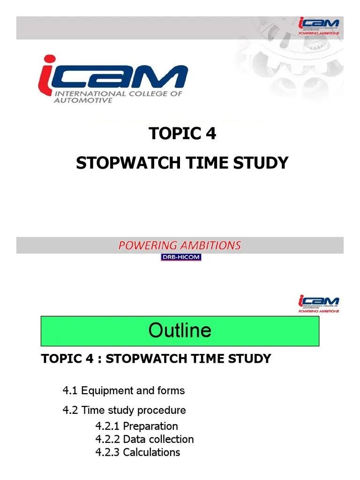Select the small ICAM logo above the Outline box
(x=319, y=303)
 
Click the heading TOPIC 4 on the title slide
(x=182, y=134)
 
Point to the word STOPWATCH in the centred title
(x=124, y=163)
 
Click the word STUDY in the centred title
(x=263, y=163)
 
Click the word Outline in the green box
(x=180, y=330)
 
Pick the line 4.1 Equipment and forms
(x=124, y=390)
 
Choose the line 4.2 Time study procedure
(x=124, y=410)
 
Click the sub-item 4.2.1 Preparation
(x=136, y=426)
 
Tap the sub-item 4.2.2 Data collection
(x=144, y=439)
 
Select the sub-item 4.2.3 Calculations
(x=137, y=452)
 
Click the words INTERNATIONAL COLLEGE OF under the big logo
(x=119, y=93)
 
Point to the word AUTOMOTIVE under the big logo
(x=84, y=100)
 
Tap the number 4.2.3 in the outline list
(x=107, y=452)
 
